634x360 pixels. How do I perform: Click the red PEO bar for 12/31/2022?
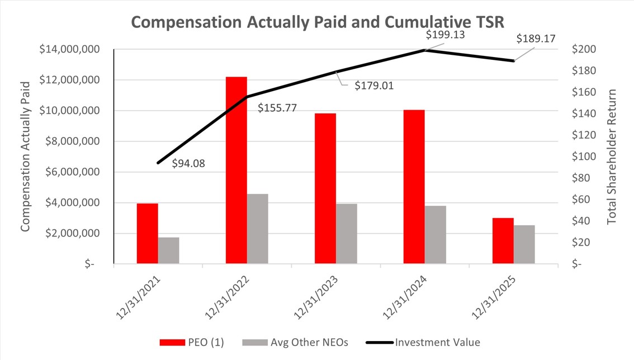click(236, 170)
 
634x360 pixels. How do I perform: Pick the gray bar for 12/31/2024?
click(436, 235)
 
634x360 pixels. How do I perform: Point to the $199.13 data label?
click(446, 35)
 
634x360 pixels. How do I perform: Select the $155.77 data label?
click(277, 107)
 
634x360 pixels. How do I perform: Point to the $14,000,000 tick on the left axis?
click(70, 50)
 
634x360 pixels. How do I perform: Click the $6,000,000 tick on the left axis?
click(70, 172)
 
